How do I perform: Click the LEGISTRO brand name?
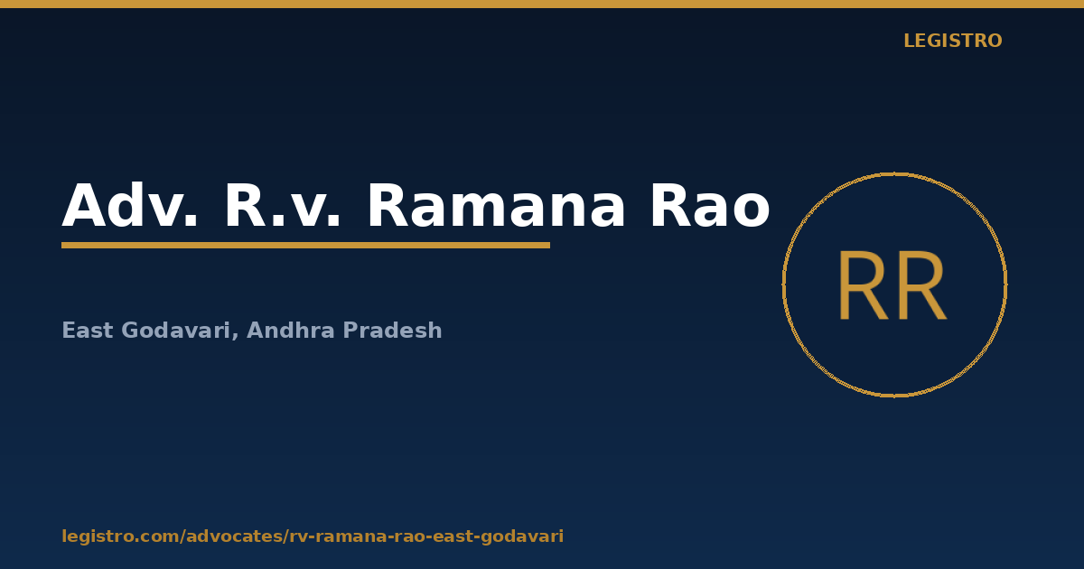(x=953, y=41)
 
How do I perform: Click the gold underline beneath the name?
(x=306, y=246)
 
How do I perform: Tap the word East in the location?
(x=88, y=331)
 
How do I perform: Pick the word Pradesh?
(x=392, y=331)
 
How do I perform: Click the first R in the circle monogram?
(x=864, y=286)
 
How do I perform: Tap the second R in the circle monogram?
(x=920, y=286)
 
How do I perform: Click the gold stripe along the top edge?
(x=542, y=4)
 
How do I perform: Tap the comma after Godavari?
(x=235, y=336)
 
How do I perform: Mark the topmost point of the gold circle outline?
(x=895, y=173)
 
